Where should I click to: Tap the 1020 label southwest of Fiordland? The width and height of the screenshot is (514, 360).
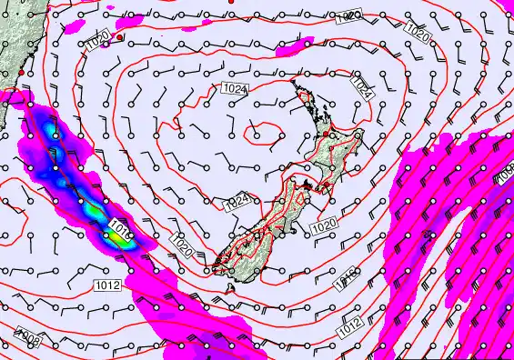(179, 242)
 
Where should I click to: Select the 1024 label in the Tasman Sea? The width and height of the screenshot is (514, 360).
(232, 88)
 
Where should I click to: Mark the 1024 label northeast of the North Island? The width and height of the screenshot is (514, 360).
(362, 89)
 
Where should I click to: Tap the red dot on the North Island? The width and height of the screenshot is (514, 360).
(325, 135)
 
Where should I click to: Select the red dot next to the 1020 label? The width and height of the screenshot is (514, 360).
(119, 37)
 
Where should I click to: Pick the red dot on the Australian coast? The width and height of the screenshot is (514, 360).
(20, 72)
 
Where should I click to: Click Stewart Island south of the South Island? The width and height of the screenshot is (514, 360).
(229, 287)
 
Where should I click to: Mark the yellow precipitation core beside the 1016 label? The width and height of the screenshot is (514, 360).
(112, 238)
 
